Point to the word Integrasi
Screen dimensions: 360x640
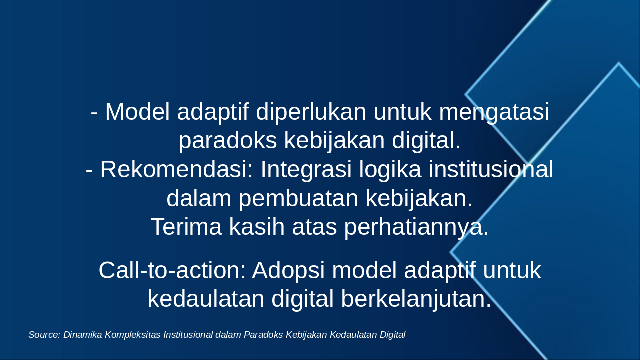306,170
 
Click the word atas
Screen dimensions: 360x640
314,227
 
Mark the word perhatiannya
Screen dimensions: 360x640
416,227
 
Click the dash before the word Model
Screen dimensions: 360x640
94,113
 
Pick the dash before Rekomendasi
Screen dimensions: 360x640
89,171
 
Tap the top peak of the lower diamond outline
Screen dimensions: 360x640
618,63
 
